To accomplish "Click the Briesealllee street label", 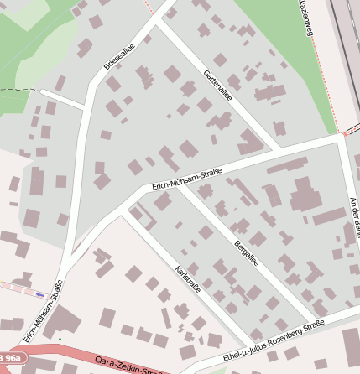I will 119,56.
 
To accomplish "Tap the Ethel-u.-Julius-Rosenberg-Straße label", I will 274,341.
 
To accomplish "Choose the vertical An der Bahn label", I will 353,221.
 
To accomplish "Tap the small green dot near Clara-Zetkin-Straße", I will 60,339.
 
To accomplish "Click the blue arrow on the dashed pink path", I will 39,294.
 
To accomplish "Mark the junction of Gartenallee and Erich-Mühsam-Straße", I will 280,149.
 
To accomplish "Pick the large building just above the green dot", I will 66,322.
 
